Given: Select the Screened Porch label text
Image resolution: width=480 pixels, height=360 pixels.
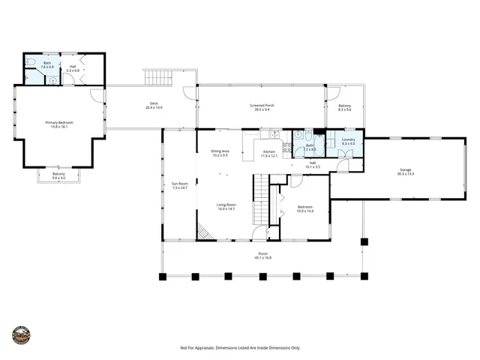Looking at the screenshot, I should [x=262, y=106].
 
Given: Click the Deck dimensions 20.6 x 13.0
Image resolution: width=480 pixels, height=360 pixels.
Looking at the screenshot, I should [x=154, y=109].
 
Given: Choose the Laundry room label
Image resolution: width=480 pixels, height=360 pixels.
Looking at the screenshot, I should [x=348, y=139].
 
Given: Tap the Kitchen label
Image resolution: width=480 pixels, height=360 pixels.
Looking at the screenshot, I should [x=268, y=152].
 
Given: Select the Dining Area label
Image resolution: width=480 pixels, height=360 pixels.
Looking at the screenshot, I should [x=220, y=151].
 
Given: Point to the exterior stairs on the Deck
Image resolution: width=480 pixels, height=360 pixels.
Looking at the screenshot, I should [x=157, y=77].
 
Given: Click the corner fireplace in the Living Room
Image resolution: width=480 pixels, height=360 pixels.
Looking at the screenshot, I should [x=205, y=233].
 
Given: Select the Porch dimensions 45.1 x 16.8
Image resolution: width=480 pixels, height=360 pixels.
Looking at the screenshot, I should [x=263, y=258].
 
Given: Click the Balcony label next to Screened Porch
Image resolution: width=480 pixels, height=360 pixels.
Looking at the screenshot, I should [x=344, y=106].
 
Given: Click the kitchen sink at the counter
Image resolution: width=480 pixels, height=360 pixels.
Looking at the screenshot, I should [x=274, y=134].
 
